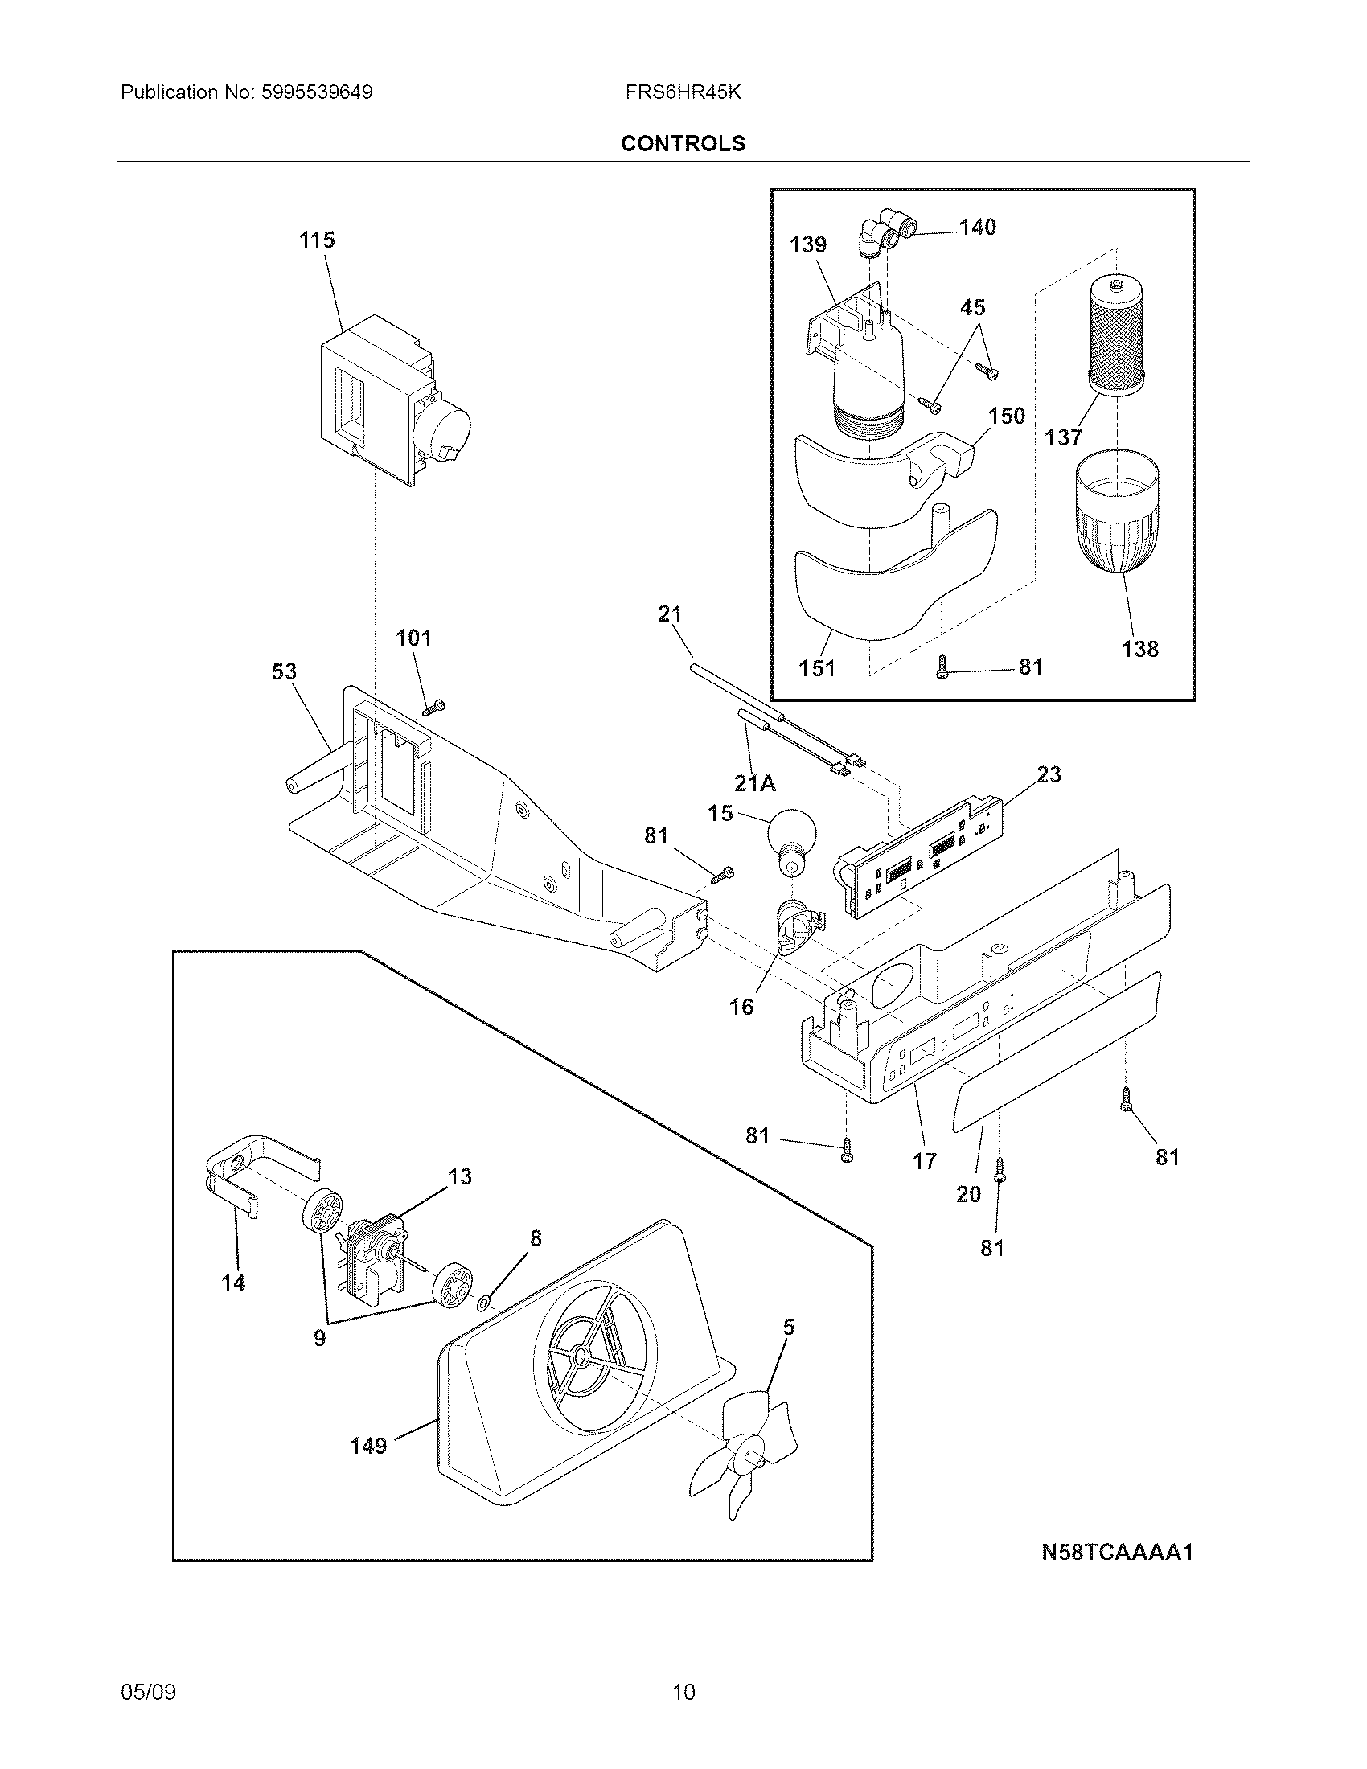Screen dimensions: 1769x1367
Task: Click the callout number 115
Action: point(317,240)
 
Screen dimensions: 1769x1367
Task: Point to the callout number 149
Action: point(368,1445)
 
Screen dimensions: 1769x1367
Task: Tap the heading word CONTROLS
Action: point(683,143)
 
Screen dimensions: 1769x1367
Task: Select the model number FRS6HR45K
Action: point(683,92)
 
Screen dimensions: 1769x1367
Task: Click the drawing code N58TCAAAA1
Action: point(1117,1552)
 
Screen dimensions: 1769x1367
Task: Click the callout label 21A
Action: point(756,783)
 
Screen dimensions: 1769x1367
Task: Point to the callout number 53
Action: point(284,671)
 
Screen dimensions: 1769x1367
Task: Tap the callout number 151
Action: point(816,668)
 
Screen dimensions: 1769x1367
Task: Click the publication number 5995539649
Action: point(317,92)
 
